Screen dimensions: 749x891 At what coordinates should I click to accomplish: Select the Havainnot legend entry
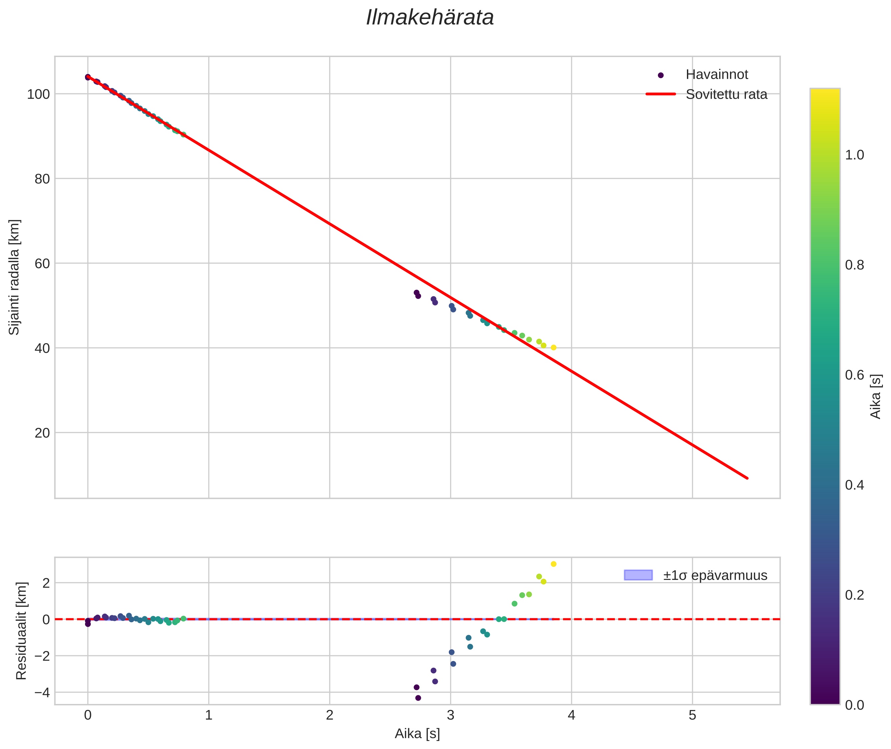pos(717,75)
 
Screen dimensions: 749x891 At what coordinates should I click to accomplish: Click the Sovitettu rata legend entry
pos(726,94)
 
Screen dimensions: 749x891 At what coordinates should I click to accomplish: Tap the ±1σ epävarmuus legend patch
pos(638,575)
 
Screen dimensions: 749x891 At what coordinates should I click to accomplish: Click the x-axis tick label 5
pos(692,715)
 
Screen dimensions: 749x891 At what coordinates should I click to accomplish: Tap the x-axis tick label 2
pos(329,715)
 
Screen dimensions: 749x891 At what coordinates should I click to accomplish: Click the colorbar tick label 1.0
pos(854,155)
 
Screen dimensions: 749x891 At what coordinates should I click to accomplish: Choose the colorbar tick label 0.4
pos(854,485)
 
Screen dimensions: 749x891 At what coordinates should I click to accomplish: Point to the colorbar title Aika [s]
pos(876,396)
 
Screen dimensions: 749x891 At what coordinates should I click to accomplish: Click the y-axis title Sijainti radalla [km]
pos(14,277)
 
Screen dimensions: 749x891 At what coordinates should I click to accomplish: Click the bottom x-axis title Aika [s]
pos(417,734)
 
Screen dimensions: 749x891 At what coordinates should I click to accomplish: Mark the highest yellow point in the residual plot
pos(554,564)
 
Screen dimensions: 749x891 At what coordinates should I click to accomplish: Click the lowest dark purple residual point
pos(418,698)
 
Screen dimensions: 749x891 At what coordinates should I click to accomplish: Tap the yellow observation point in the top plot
pos(554,347)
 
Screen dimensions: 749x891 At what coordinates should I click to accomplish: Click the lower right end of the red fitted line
pos(747,478)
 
